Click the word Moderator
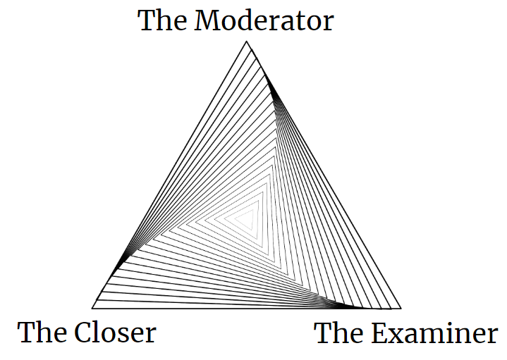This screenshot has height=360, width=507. tap(264, 20)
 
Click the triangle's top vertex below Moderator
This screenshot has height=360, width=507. tap(247, 42)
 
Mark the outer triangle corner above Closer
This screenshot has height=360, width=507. tap(93, 308)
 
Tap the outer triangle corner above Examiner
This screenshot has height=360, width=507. tap(401, 308)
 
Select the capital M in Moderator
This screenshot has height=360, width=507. tap(208, 20)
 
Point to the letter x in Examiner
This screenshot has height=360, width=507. tap(399, 335)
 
